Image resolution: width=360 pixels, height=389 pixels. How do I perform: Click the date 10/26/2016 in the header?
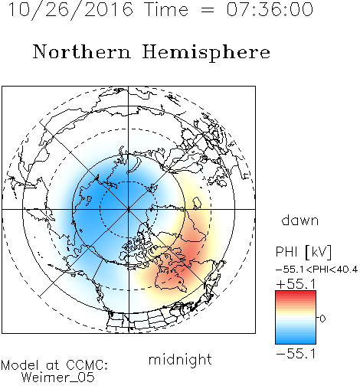[70, 10]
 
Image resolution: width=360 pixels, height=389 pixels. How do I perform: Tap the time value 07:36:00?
[270, 9]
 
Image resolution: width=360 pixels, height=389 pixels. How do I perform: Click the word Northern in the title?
[82, 52]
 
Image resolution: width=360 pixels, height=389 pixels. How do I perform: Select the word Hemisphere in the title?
[206, 53]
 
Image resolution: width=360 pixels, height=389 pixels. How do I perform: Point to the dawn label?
[300, 220]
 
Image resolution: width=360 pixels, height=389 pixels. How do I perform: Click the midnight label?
[180, 360]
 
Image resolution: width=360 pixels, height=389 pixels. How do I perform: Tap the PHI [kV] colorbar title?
[303, 252]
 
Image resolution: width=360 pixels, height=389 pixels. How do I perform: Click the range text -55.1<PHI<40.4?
[316, 270]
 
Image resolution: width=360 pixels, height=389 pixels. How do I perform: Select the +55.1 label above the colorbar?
[296, 284]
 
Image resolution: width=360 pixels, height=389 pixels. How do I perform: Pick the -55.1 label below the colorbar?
[296, 354]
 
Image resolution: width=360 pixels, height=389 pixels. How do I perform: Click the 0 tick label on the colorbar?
[322, 319]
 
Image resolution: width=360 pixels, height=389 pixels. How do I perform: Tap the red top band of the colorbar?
[296, 294]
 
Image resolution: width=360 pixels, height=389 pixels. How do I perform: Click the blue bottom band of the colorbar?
[296, 341]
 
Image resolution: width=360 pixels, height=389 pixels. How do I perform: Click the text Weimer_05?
[58, 378]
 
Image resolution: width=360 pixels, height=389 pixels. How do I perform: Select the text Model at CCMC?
[54, 365]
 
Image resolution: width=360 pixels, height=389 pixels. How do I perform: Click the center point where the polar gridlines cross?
[129, 209]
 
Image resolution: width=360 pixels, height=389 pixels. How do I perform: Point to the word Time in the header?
[166, 10]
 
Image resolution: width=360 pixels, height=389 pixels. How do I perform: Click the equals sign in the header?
[208, 10]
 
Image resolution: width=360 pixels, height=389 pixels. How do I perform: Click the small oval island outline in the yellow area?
[197, 203]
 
